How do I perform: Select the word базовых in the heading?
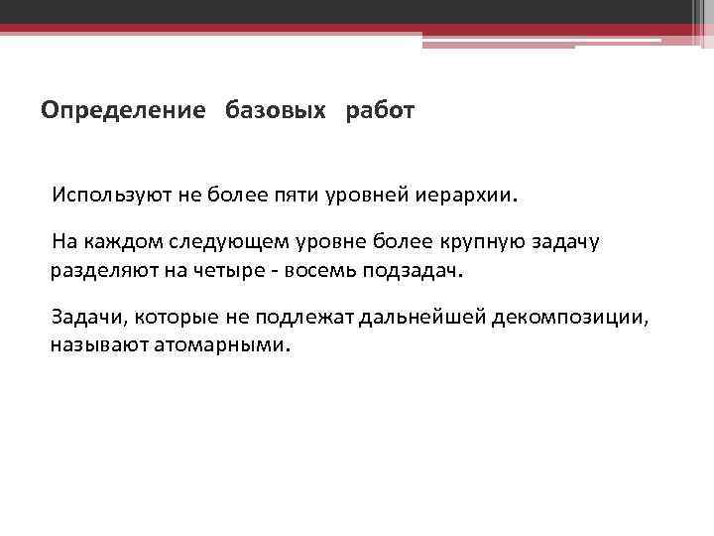pos(276,110)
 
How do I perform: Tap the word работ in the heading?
pos(381,110)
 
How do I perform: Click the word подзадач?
pos(428,270)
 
